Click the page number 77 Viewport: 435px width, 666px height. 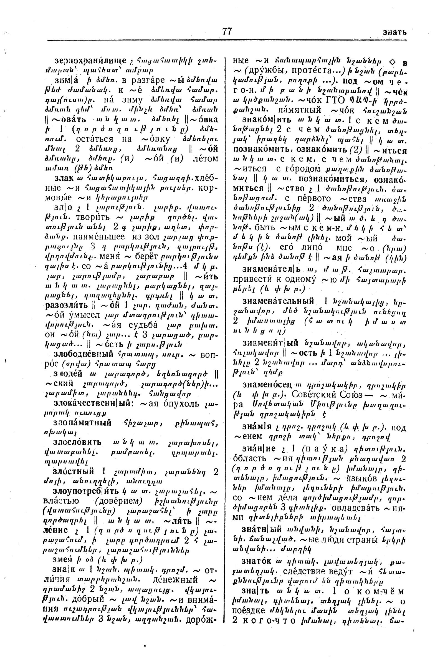click(x=227, y=31)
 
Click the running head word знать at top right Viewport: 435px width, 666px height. click(x=394, y=32)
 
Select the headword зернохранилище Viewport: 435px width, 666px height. click(x=91, y=60)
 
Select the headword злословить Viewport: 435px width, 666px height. click(x=77, y=442)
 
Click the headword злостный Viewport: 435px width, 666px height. click(x=74, y=471)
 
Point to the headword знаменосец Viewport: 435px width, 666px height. click(x=267, y=385)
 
